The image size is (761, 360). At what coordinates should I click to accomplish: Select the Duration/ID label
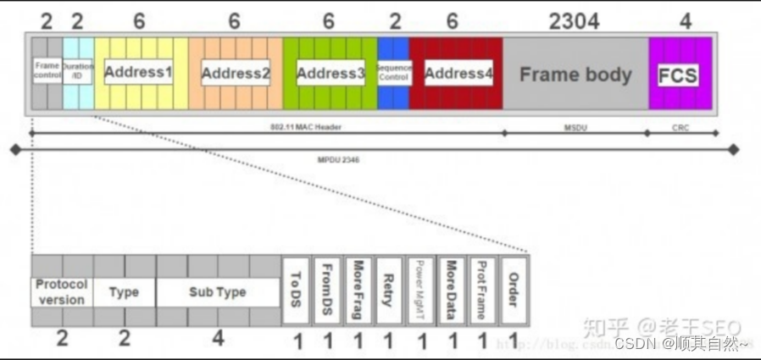point(78,71)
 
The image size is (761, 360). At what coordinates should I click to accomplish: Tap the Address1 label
point(138,72)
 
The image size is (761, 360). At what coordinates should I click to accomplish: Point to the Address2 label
point(236,74)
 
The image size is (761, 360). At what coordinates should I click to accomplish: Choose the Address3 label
point(331,74)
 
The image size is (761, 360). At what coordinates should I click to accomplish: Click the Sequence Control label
point(394,72)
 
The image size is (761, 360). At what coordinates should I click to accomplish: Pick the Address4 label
point(458,74)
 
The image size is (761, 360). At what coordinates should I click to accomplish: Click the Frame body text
point(575,75)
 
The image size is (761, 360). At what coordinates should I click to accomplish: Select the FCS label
point(678,75)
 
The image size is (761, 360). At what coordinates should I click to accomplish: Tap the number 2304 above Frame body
point(574,21)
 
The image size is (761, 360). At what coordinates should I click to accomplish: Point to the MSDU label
point(575,127)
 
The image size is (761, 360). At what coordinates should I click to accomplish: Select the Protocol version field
point(62,292)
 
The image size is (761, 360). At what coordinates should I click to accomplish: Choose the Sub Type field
point(218,292)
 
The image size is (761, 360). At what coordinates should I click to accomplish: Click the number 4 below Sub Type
point(218,339)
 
